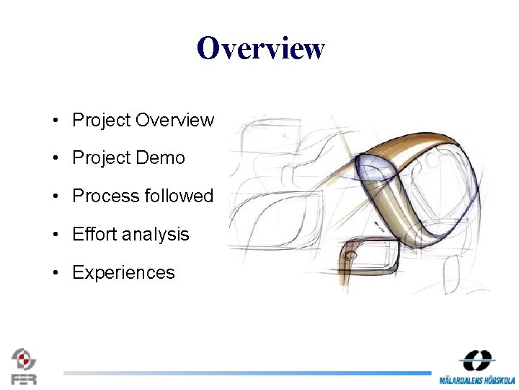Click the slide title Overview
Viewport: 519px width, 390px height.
[x=260, y=48]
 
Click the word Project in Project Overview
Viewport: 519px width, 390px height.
[x=101, y=120]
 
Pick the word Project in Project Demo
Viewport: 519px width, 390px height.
[x=101, y=158]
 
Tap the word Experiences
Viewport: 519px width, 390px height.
[x=123, y=273]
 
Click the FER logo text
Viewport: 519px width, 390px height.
[x=24, y=378]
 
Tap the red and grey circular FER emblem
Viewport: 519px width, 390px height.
[x=24, y=358]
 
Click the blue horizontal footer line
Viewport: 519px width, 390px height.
[x=245, y=373]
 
